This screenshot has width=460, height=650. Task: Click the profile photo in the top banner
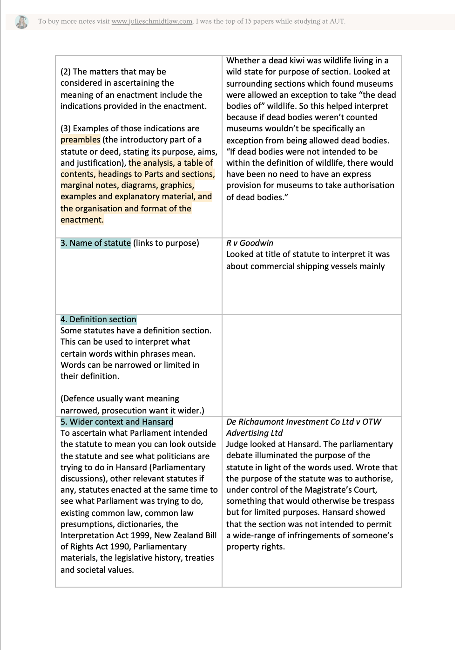click(21, 22)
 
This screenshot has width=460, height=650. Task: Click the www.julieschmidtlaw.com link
click(152, 21)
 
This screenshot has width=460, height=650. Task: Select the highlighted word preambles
click(80, 140)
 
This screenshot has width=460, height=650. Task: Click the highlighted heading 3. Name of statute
click(95, 243)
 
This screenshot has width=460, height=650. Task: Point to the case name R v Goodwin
click(250, 243)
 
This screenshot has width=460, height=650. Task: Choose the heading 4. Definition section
click(98, 319)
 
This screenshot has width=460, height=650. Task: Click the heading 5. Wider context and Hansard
click(116, 422)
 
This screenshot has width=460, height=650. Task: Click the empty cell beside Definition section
click(311, 365)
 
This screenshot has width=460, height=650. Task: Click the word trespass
click(376, 501)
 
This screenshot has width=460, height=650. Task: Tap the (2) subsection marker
click(66, 72)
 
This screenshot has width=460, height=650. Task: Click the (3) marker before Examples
click(66, 129)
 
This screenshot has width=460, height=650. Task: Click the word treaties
click(199, 558)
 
